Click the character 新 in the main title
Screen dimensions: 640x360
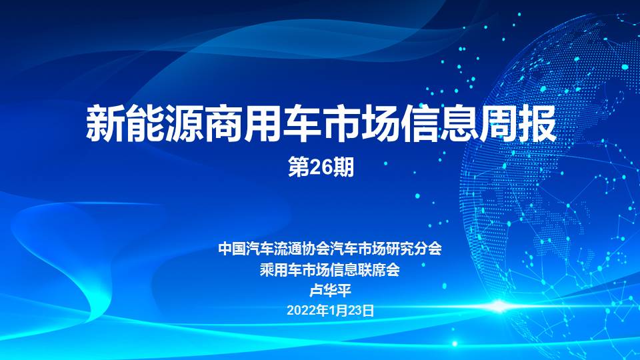(105, 124)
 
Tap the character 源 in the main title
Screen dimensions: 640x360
(184, 124)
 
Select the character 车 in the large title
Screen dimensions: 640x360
(301, 124)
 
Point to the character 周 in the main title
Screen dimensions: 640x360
(498, 124)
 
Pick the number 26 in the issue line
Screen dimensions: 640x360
(321, 167)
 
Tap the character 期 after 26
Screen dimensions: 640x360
(343, 167)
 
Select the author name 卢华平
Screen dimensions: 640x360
(330, 290)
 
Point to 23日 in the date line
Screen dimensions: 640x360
(361, 311)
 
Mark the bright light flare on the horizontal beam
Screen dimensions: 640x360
(499, 306)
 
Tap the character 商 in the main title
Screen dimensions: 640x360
(223, 124)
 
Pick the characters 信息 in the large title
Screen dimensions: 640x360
(439, 124)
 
